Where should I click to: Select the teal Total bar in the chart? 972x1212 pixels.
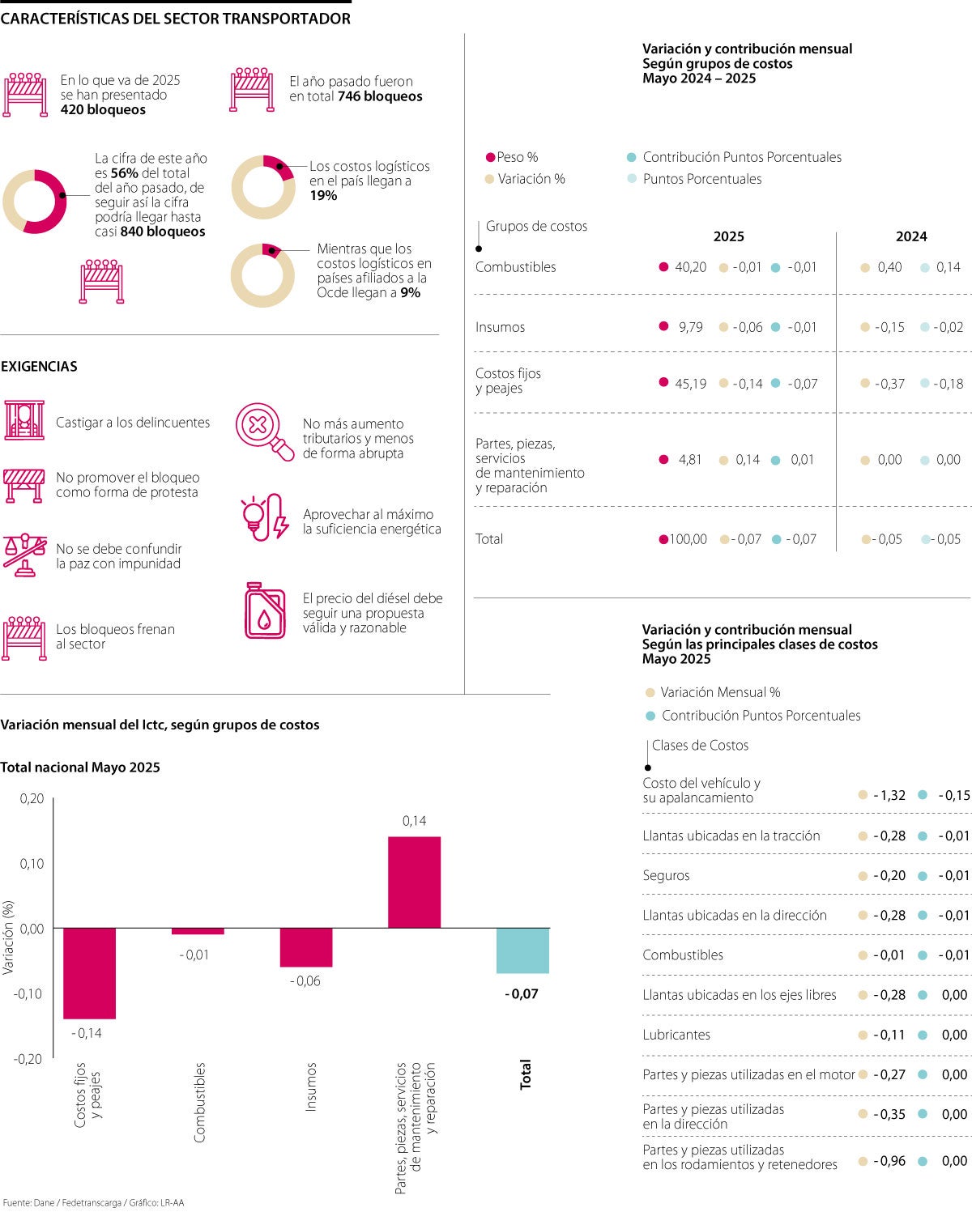(522, 950)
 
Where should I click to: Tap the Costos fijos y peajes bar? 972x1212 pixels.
(89, 973)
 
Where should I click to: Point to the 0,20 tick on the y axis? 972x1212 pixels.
(32, 798)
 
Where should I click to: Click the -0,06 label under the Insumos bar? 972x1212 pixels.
(305, 980)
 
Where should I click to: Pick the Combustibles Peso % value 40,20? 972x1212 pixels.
(690, 267)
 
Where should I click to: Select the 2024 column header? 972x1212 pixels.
(910, 236)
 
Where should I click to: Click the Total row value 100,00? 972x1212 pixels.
(688, 539)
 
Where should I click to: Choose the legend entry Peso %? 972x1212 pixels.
(517, 157)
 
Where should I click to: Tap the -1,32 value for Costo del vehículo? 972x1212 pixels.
(889, 795)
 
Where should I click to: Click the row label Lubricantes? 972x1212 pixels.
(676, 1035)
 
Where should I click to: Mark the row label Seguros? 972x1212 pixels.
(666, 875)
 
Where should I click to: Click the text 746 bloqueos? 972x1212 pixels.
(380, 96)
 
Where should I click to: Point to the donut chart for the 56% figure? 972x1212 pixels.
(35, 202)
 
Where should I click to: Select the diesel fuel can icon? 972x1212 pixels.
(265, 610)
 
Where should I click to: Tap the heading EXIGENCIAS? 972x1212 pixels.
(39, 366)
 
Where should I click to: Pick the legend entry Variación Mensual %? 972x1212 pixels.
(720, 692)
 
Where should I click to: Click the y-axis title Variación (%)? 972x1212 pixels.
(8, 937)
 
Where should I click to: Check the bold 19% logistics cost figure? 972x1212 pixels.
(323, 195)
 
